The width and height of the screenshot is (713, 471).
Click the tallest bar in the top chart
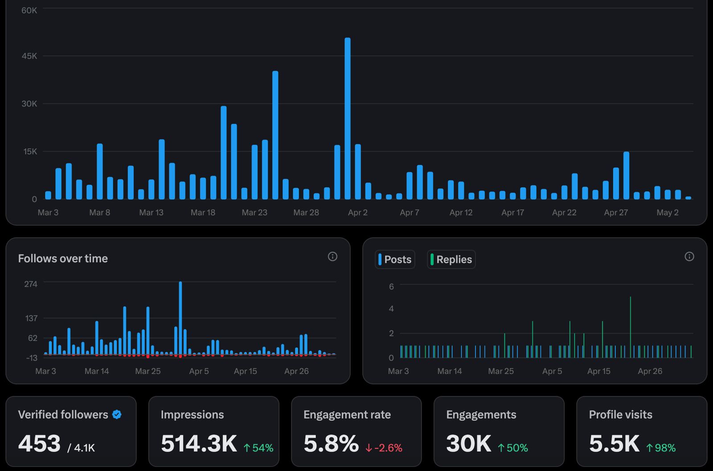pos(348,118)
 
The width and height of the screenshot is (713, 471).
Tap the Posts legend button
pos(395,260)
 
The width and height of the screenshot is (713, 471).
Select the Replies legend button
pos(451,260)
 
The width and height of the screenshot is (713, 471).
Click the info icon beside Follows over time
pos(332,256)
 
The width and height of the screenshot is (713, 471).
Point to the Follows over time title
pos(63,259)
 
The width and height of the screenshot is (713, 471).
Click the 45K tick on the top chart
pos(29,56)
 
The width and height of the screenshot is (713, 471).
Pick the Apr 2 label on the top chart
pos(358,213)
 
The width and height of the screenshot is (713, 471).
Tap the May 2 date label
pos(667,213)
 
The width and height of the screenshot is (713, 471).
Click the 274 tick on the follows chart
pos(31,284)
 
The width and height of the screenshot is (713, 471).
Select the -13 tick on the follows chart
pos(32,358)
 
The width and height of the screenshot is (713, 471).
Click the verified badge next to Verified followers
pos(117,415)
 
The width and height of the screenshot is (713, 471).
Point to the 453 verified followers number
pos(39,444)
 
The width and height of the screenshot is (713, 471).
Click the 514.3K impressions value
pos(199,444)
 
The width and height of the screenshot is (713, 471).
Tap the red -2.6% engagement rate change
pos(384,448)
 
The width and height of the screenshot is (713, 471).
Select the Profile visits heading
pos(620,415)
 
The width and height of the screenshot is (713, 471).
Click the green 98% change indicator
pos(661,448)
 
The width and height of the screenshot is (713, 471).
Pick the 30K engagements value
pos(468,444)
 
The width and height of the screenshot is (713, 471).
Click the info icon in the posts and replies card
pos(689,256)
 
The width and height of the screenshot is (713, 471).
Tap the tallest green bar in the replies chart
pos(631,327)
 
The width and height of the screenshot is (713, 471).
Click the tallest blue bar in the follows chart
pos(180,318)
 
